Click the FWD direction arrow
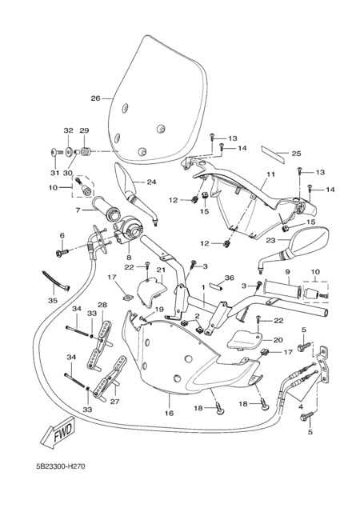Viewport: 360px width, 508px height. [x=58, y=433]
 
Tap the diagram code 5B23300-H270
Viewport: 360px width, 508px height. [x=61, y=466]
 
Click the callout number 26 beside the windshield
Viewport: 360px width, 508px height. [x=95, y=98]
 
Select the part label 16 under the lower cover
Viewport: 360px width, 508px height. [x=169, y=413]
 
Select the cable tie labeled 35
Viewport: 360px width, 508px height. [x=55, y=281]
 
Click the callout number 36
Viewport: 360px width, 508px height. [x=229, y=278]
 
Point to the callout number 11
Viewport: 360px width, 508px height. [x=271, y=174]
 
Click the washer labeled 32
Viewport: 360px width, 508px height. [x=69, y=152]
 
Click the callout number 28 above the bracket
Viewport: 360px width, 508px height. [x=102, y=305]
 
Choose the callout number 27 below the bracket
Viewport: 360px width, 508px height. [x=114, y=402]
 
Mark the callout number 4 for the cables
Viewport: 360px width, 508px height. [x=301, y=406]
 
